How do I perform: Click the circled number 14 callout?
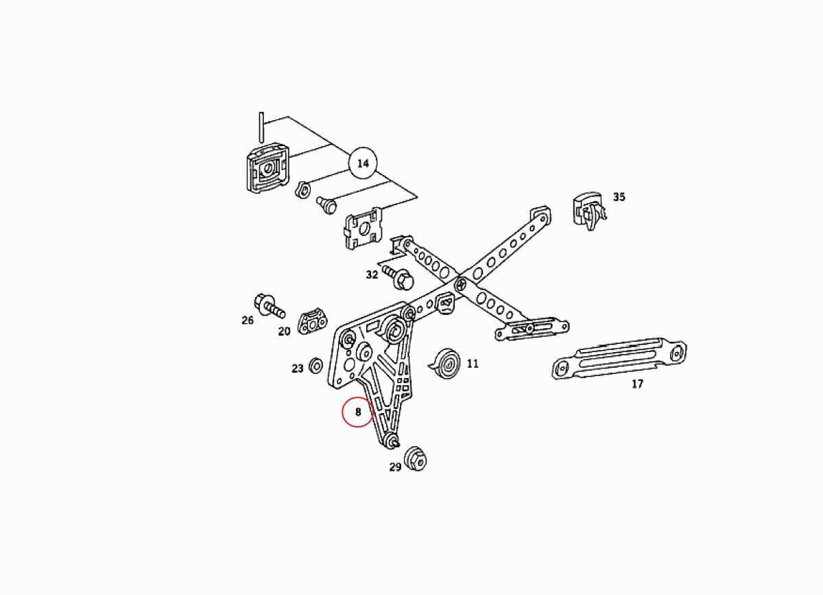(363, 163)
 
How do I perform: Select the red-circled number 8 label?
(357, 412)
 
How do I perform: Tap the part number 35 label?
(619, 197)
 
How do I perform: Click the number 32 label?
(372, 275)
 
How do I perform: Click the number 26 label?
(247, 320)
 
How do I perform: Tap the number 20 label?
(284, 331)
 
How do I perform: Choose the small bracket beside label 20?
(314, 320)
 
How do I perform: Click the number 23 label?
(297, 369)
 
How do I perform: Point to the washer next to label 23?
(317, 364)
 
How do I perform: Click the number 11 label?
(473, 364)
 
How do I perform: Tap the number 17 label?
(637, 384)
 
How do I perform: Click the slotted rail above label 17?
(619, 357)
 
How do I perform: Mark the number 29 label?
(395, 467)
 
